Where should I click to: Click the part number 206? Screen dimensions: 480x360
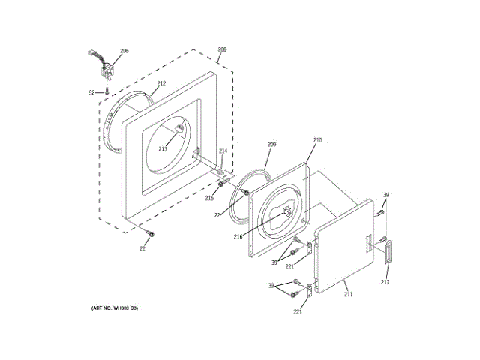(x=124, y=51)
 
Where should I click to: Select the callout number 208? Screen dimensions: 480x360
(x=221, y=51)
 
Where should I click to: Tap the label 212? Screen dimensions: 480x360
(x=161, y=83)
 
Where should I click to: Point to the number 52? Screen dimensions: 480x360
(x=92, y=93)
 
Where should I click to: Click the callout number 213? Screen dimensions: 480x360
(x=163, y=149)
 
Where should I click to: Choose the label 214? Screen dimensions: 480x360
(x=223, y=151)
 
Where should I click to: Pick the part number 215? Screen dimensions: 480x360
(x=209, y=198)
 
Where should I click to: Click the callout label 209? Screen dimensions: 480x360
(x=271, y=144)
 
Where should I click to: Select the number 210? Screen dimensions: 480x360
(x=317, y=140)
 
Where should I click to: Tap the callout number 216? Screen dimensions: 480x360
(x=238, y=236)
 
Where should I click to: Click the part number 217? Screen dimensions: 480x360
(x=385, y=282)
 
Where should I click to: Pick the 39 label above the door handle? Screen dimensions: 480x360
(x=386, y=196)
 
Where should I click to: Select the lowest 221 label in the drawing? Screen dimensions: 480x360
(x=298, y=311)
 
